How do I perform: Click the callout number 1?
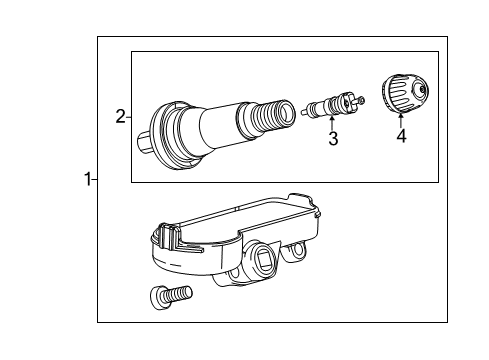pos(87,180)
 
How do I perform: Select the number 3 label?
pos(333,140)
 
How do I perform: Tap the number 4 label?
pos(401,136)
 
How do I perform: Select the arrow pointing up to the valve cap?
pos(400,120)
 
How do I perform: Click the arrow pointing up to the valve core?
pos(333,124)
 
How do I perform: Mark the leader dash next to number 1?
pos(95,180)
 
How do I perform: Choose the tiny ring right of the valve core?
pos(361,100)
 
